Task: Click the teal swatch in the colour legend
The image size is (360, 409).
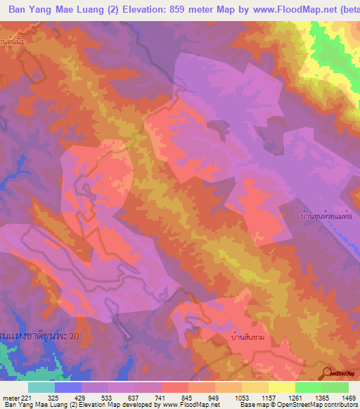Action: [41, 387]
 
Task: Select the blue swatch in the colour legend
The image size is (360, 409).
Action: [68, 387]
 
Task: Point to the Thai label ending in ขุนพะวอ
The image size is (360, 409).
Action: [40, 335]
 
